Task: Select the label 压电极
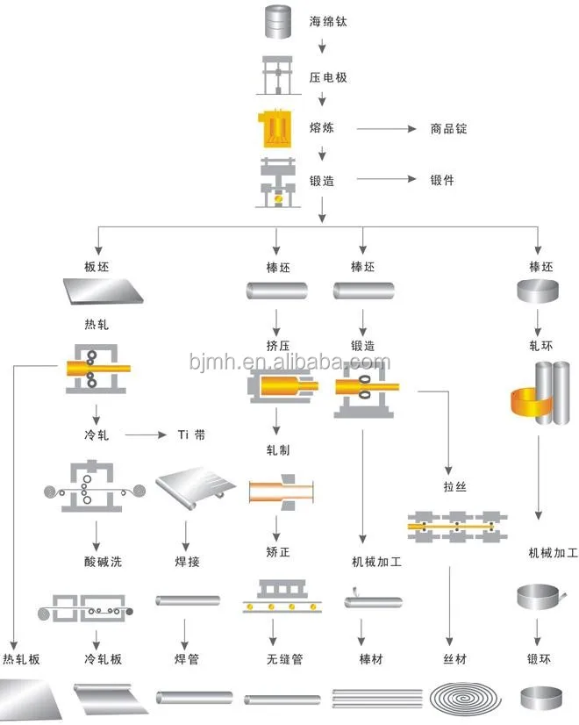tap(328, 77)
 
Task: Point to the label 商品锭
tap(448, 128)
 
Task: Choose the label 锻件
tap(442, 180)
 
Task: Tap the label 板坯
tap(97, 265)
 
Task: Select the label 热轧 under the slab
tap(97, 325)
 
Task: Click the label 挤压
tap(278, 345)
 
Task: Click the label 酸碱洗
tap(97, 561)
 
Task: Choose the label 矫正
tap(278, 556)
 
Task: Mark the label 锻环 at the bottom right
tap(538, 658)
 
